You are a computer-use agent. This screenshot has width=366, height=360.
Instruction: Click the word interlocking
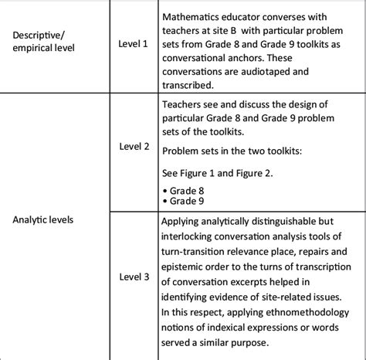pos(191,239)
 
